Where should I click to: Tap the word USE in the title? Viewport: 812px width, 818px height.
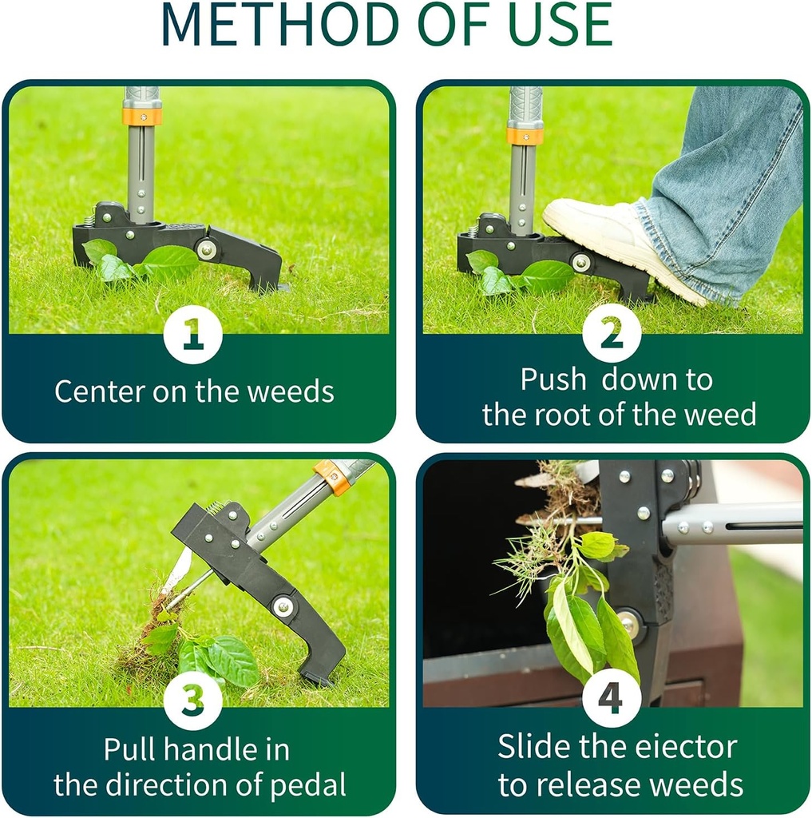[x=550, y=26]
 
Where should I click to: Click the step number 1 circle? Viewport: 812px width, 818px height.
[x=193, y=335]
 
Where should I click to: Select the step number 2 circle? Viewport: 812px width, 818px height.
[x=612, y=335]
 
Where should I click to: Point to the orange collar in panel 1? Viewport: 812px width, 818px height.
[x=141, y=116]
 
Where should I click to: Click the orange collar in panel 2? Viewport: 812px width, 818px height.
[x=525, y=136]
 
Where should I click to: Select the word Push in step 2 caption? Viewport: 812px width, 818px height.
[x=553, y=379]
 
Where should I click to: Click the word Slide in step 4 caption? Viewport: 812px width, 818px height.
[x=533, y=747]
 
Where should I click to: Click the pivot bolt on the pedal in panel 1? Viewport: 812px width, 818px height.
[x=207, y=249]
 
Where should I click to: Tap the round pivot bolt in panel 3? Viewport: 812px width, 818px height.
[x=283, y=606]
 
